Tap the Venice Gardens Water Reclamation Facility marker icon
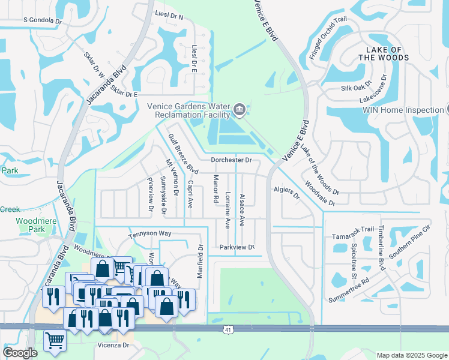pos(239,109)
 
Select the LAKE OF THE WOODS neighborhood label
pos(384,53)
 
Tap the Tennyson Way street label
pos(151,233)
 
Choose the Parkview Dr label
pos(237,247)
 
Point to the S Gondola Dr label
pos(43,20)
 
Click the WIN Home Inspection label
pos(402,110)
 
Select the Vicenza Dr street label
pos(113,346)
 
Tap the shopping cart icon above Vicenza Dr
pos(54,340)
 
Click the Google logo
pos(20,352)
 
